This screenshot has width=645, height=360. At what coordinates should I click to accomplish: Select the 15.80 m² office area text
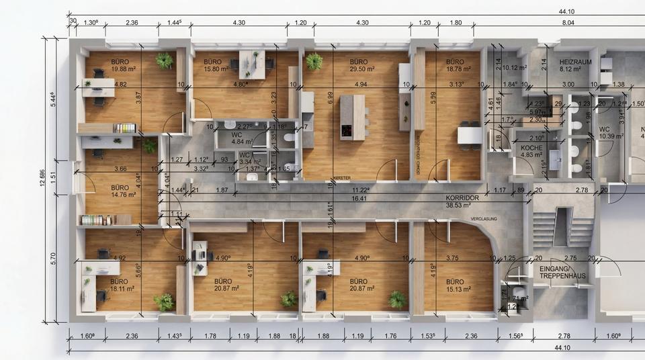pyautogui.click(x=217, y=69)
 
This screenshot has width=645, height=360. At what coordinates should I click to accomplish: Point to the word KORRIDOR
pyautogui.click(x=462, y=199)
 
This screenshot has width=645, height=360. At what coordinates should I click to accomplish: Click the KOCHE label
pyautogui.click(x=531, y=147)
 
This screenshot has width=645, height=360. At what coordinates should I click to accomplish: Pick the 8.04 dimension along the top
pyautogui.click(x=568, y=22)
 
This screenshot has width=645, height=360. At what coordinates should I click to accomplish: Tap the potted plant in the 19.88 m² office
pyautogui.click(x=164, y=60)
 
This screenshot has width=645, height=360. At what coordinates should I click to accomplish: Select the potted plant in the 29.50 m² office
pyautogui.click(x=314, y=61)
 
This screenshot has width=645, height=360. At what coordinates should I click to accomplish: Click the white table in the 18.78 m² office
pyautogui.click(x=470, y=134)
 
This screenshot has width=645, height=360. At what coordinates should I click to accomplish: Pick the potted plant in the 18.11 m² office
pyautogui.click(x=163, y=302)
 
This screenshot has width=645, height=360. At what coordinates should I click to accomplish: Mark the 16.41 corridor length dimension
pyautogui.click(x=358, y=199)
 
